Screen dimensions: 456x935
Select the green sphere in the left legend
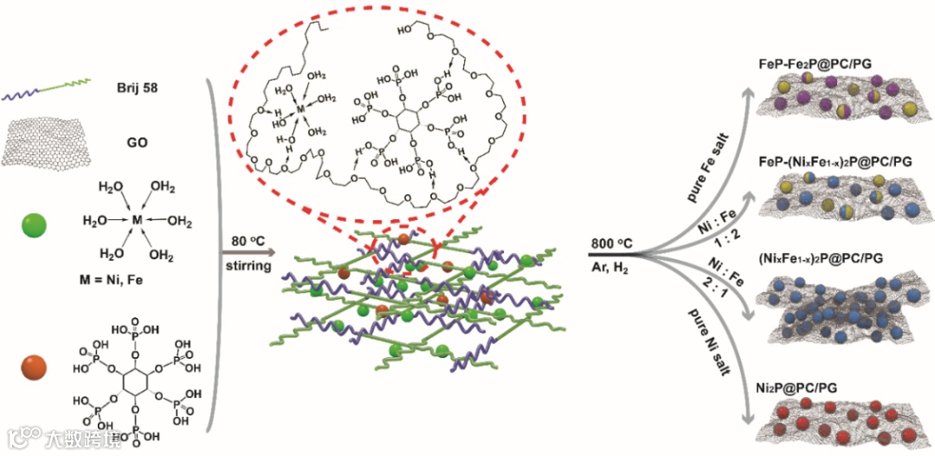pos(35,227)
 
